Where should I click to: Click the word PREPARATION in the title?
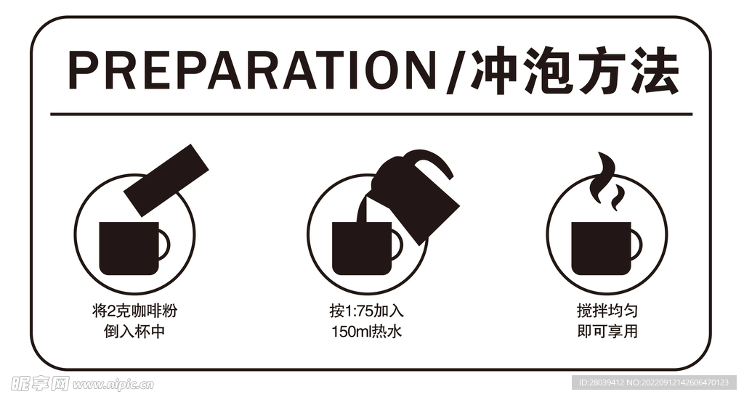251,71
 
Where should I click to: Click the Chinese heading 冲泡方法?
574,71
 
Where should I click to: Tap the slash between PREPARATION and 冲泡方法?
453,71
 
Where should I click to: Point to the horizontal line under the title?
371,114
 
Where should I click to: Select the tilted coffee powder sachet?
166,179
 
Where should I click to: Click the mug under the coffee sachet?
128,247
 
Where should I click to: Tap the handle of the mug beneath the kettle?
397,245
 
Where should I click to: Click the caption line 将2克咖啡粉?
135,312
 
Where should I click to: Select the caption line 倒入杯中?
135,333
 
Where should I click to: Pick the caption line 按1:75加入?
366,312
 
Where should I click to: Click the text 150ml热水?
366,333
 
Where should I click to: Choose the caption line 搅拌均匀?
607,312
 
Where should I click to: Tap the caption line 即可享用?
607,333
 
